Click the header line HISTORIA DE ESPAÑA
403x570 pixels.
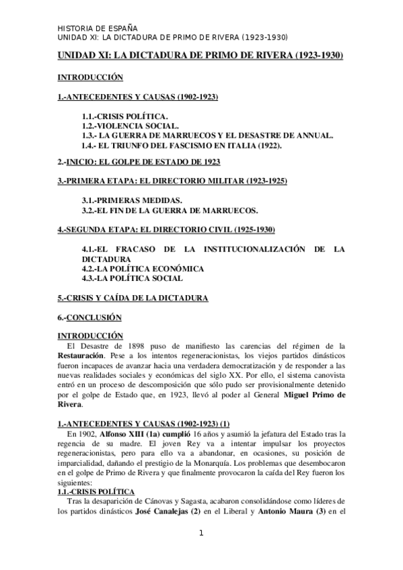pos(98,28)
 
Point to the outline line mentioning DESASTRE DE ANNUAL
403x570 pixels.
pos(207,135)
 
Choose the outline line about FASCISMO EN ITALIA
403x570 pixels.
pos(182,145)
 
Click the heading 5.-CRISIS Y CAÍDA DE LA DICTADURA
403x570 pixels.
pos(133,296)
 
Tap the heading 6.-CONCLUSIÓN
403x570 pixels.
pos(92,316)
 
